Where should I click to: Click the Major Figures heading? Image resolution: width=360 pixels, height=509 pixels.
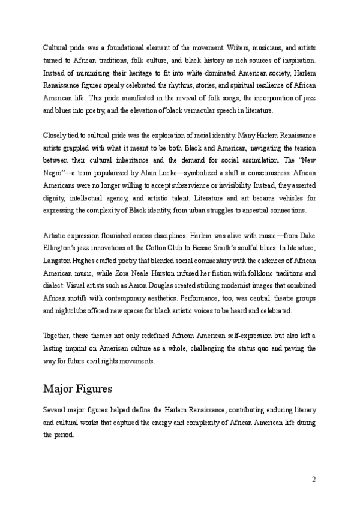[x=77, y=389]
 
